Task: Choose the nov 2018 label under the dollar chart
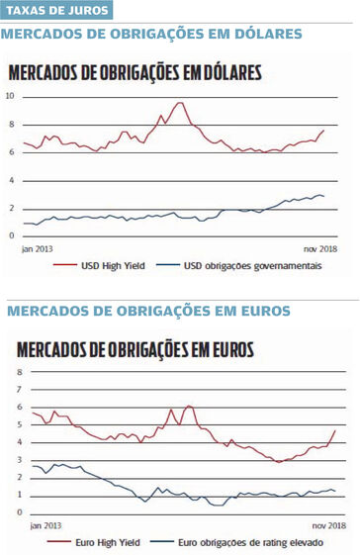pos(317,248)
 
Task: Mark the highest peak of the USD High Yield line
pos(180,103)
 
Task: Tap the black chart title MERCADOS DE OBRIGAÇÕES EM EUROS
pos(135,349)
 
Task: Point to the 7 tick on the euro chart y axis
pos(19,389)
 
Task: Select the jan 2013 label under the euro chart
pos(45,525)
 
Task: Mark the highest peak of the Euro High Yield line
pos(188,406)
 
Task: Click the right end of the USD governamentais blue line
pos(324,197)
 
